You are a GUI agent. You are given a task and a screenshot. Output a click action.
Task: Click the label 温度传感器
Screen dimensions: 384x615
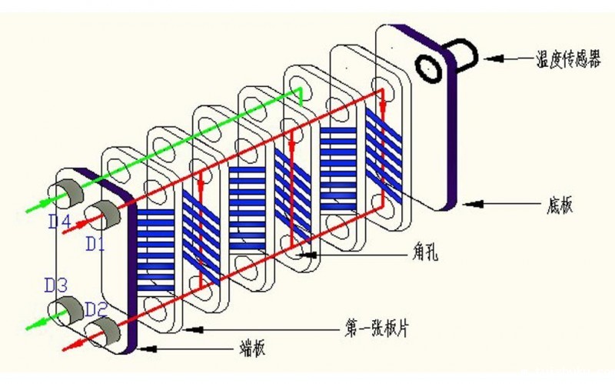(567, 58)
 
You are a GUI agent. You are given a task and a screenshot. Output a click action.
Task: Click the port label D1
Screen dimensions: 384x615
(95, 245)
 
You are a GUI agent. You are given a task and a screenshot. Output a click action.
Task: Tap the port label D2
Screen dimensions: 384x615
(95, 309)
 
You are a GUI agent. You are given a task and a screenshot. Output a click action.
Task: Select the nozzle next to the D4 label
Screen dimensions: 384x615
(67, 195)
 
